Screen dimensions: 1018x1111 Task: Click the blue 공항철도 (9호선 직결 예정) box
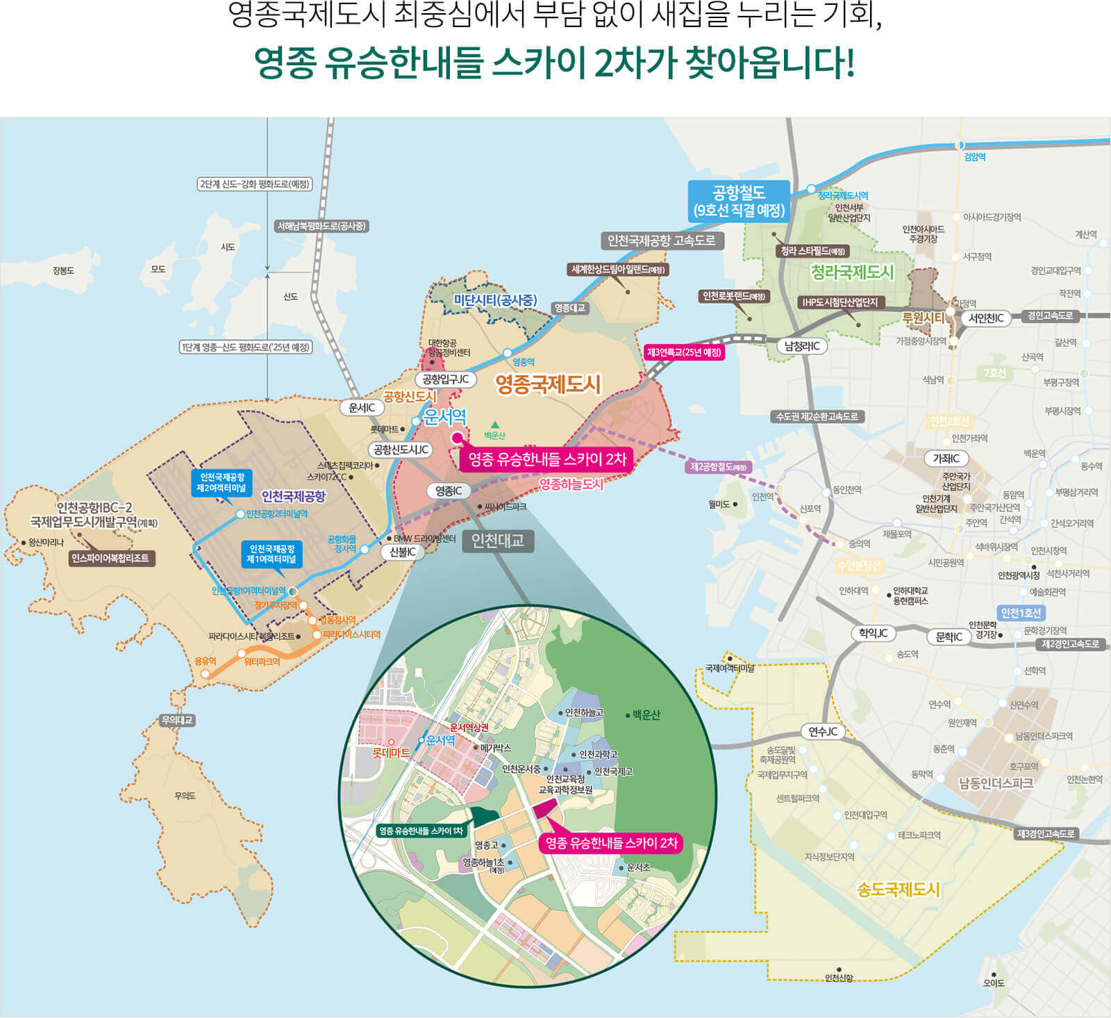point(739,202)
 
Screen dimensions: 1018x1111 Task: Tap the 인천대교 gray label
point(498,541)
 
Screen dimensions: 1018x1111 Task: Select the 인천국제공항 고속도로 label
point(661,240)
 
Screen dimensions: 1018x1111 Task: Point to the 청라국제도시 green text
point(852,272)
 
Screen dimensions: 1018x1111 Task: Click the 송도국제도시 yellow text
point(898,889)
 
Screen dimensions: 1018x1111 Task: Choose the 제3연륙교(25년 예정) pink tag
point(685,352)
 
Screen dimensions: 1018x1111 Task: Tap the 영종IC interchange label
point(448,491)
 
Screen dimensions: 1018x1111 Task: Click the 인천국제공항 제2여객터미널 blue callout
point(222,483)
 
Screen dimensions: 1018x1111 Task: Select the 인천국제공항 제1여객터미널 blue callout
point(272,554)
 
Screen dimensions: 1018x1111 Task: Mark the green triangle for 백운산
point(495,425)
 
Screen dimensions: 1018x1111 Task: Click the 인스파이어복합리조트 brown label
point(110,558)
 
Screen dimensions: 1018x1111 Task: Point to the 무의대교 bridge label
point(177,721)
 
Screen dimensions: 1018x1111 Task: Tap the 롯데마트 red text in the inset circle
point(391,753)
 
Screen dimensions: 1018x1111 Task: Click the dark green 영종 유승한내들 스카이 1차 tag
point(421,831)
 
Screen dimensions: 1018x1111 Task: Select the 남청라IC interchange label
point(802,345)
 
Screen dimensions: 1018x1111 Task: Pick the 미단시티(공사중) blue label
point(495,300)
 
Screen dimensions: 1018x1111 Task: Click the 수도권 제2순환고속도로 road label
point(817,416)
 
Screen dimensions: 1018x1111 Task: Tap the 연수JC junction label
point(823,732)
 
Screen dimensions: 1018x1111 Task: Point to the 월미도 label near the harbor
point(719,504)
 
